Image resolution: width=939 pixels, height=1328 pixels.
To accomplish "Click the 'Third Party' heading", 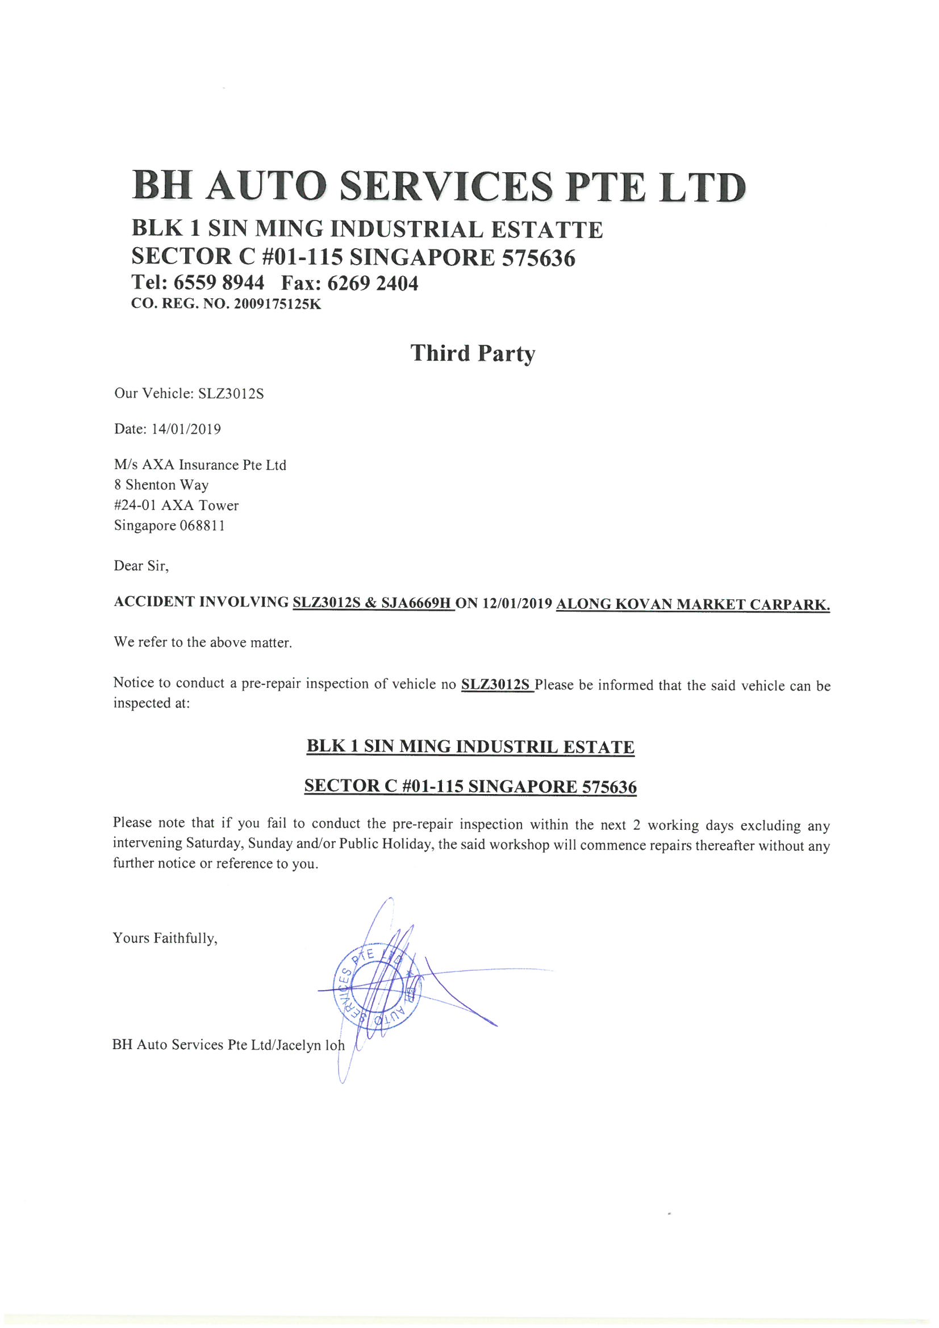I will (x=473, y=353).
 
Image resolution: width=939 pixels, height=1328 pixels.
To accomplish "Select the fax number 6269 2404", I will (x=373, y=283).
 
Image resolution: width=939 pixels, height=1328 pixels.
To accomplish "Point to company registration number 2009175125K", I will (x=277, y=304).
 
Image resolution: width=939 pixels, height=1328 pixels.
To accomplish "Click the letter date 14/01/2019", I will (x=186, y=429).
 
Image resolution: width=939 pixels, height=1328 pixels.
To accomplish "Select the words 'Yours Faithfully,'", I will (x=165, y=938).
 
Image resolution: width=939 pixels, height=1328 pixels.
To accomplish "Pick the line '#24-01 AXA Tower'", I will (x=176, y=506).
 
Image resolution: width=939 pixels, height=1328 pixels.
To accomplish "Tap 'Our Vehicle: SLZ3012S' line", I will (x=189, y=394).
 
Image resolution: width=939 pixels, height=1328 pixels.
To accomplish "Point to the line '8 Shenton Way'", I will (x=161, y=485).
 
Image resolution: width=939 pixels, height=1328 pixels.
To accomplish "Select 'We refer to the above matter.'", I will (x=202, y=642).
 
